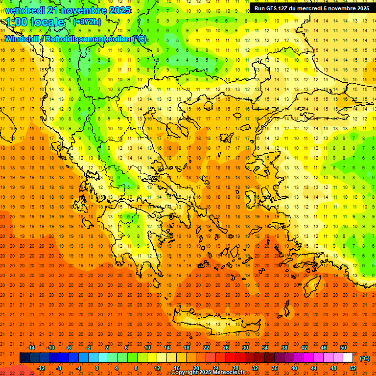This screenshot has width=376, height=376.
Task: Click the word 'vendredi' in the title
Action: pyautogui.click(x=24, y=10)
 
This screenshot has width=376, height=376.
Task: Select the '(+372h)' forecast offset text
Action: pyautogui.click(x=87, y=22)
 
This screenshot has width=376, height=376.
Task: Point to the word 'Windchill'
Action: pyautogui.click(x=23, y=39)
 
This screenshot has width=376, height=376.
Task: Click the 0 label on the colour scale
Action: pyautogui.click(x=97, y=368)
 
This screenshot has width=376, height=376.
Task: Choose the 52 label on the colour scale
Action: pyautogui.click(x=352, y=368)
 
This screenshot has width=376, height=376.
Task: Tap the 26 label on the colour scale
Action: pyautogui.click(x=226, y=348)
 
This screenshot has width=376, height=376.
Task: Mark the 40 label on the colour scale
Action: pyautogui.click(x=294, y=368)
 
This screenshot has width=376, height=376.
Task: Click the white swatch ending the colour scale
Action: pyautogui.click(x=348, y=358)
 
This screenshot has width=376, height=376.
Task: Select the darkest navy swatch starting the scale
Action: pyautogui.click(x=24, y=358)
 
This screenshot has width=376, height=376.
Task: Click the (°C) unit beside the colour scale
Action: pyautogui.click(x=365, y=358)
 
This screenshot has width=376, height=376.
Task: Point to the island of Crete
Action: pyautogui.click(x=215, y=324)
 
